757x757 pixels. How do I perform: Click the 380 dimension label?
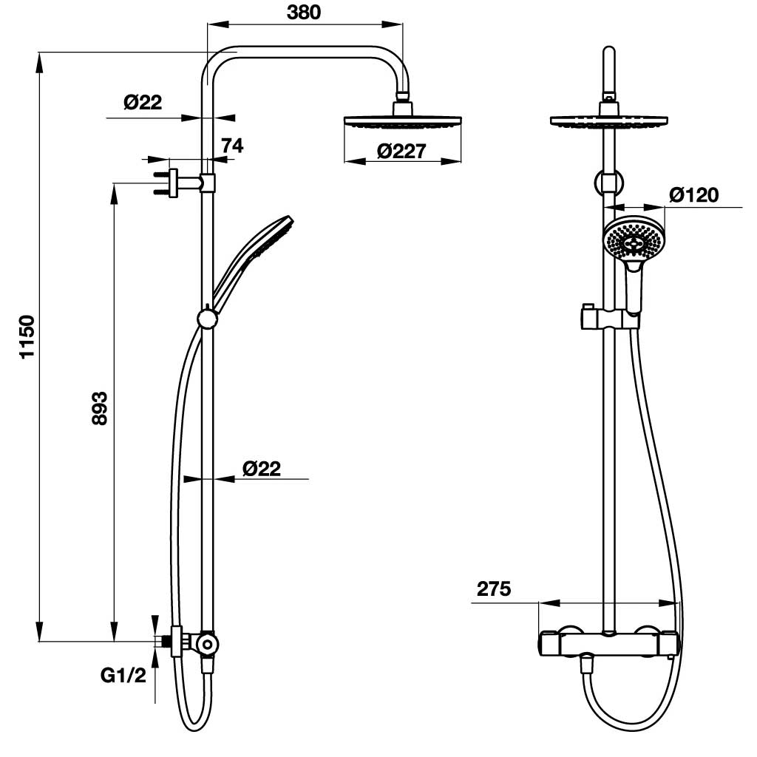(x=303, y=13)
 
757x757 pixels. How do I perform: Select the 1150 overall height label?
(x=27, y=336)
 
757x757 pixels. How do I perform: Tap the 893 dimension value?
(x=100, y=408)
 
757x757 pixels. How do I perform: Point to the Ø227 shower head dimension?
(x=401, y=151)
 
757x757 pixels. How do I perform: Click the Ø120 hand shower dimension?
(x=693, y=195)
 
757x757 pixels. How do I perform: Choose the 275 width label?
(x=493, y=589)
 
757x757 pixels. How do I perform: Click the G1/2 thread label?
(x=123, y=675)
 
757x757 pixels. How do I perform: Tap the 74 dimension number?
(x=232, y=146)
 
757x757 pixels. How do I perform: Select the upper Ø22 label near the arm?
(x=143, y=102)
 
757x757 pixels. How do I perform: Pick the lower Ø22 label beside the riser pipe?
(x=261, y=468)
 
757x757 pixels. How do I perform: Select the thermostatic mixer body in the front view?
(x=608, y=643)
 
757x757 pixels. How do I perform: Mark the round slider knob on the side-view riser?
(x=208, y=319)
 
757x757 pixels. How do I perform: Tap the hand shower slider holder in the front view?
(x=611, y=318)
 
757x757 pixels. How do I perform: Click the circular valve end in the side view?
(x=208, y=644)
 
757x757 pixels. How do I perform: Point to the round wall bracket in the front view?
(x=608, y=183)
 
